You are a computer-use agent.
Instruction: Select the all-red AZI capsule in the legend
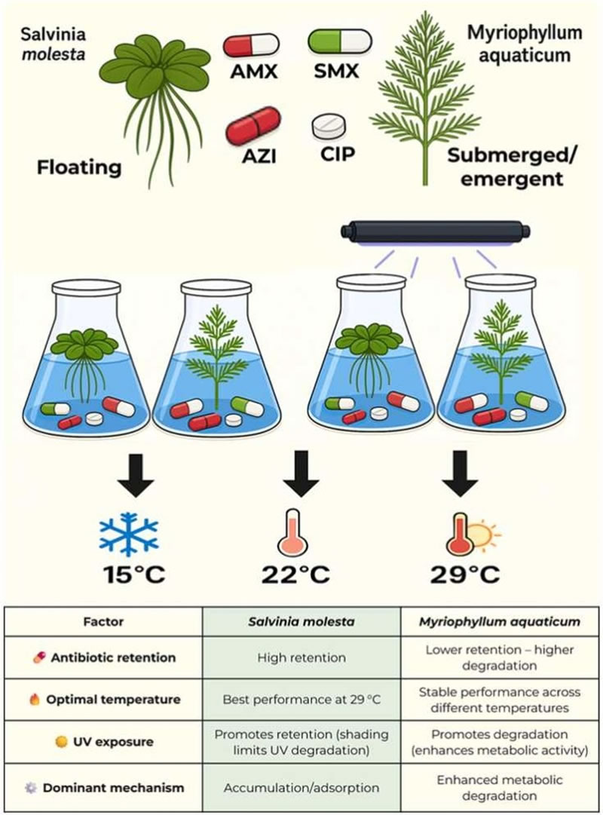(x=253, y=126)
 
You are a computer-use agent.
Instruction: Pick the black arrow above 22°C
(x=301, y=473)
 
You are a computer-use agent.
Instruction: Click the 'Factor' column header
(x=103, y=623)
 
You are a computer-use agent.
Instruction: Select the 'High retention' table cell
(x=301, y=657)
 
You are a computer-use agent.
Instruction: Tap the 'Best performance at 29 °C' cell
(x=301, y=700)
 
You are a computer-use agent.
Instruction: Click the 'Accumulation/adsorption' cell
(x=301, y=788)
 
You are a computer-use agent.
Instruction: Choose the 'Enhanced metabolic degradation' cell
(x=497, y=788)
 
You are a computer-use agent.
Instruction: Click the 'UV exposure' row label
(x=112, y=742)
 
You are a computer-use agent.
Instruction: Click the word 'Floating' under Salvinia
(x=80, y=167)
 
